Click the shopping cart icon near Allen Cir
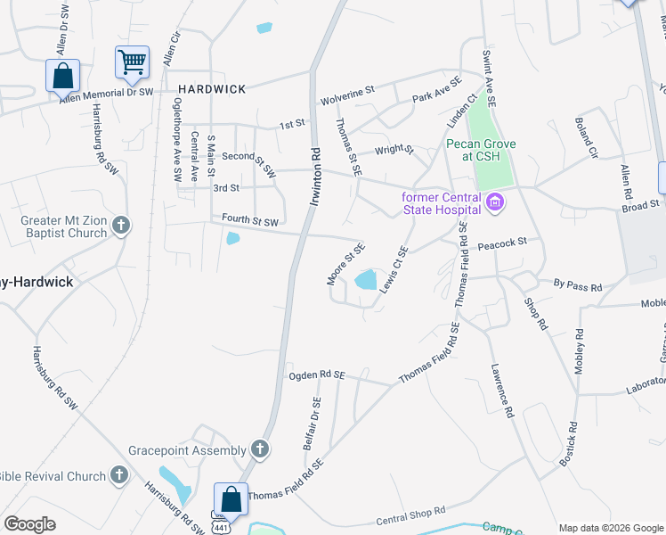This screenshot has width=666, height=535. [132, 62]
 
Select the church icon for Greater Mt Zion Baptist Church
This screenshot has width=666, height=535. [121, 226]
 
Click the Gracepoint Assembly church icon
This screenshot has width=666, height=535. [259, 449]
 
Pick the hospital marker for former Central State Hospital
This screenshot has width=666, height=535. [496, 203]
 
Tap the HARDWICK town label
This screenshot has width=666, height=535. [211, 89]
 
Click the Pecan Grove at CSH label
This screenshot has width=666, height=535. [483, 150]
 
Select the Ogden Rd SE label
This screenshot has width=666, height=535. [316, 376]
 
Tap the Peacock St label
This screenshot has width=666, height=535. [503, 242]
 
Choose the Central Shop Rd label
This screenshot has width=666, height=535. [410, 516]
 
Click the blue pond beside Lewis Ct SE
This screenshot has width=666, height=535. [366, 281]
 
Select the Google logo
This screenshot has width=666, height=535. [29, 524]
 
